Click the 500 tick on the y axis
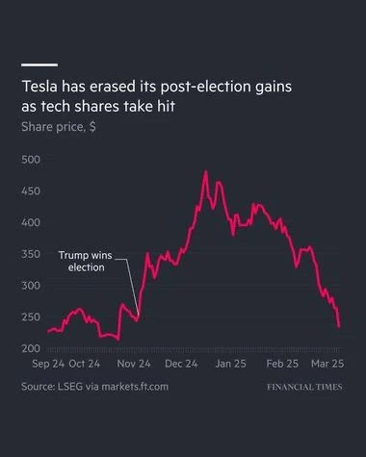point(31,160)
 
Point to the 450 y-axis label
point(31,191)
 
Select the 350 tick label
point(31,254)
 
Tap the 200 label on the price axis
point(31,348)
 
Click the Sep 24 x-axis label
point(48,364)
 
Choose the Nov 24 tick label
point(134,364)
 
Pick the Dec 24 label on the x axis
point(181,364)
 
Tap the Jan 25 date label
point(230,364)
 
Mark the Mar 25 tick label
point(327,364)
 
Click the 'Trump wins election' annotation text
point(86,262)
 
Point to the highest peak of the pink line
point(206,171)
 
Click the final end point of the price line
point(339,327)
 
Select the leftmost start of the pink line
point(48,332)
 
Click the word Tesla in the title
point(39,87)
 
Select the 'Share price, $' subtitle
point(59,127)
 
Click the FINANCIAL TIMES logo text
point(304,387)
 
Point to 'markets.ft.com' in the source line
point(135,387)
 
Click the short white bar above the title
point(39,64)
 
